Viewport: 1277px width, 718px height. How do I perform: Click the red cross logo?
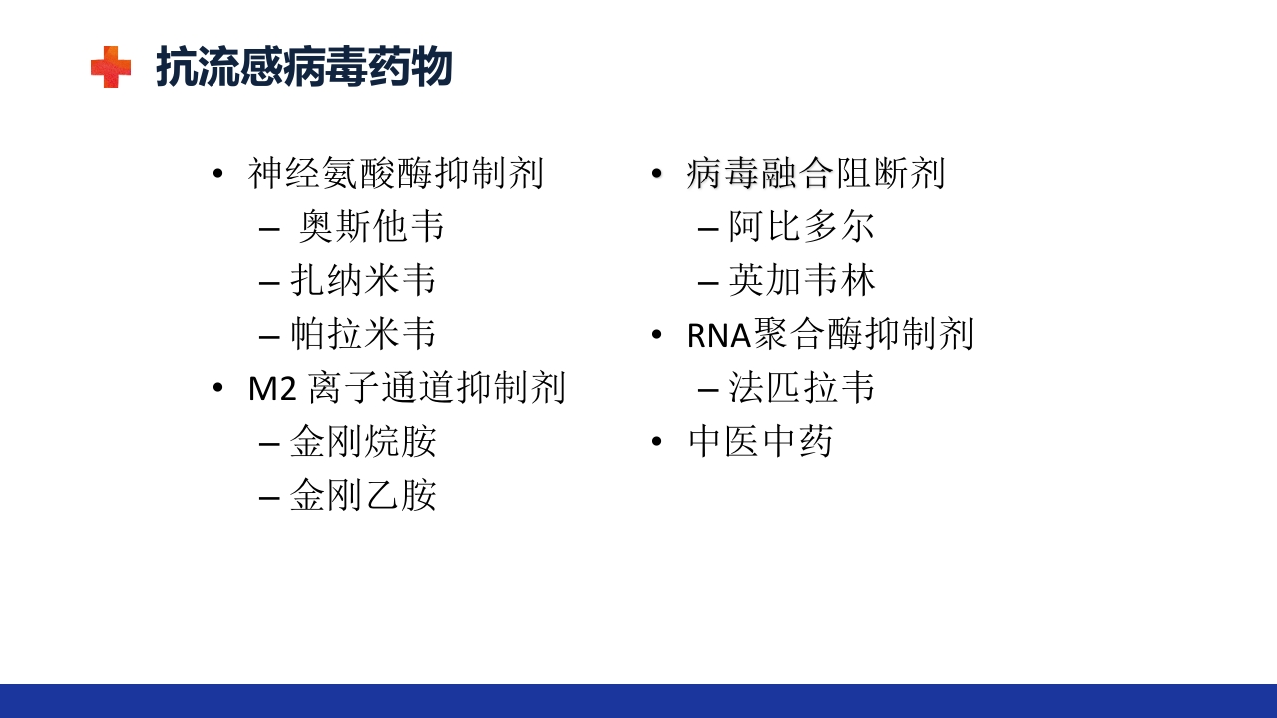(111, 67)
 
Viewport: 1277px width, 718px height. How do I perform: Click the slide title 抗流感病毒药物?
(304, 67)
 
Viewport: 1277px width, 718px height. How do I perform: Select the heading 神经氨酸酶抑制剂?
(396, 174)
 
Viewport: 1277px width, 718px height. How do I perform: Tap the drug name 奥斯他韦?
(372, 227)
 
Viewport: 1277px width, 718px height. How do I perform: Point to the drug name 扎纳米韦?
(363, 280)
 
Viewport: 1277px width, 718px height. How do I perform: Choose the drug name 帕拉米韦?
(363, 334)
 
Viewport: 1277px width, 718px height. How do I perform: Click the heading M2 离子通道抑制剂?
(407, 388)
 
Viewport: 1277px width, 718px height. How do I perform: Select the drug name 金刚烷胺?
(363, 442)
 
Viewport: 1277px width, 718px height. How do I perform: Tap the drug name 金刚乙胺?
(363, 495)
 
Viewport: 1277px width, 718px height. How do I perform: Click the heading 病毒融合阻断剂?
(816, 174)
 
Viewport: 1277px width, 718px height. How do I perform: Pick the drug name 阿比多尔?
(802, 227)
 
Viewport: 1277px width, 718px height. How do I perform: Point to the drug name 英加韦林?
(802, 280)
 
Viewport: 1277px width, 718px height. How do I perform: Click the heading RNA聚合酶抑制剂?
(830, 334)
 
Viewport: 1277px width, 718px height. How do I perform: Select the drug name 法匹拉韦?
(802, 388)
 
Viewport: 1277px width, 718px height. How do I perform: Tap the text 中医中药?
(760, 442)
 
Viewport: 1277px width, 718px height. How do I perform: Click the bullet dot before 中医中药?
(656, 441)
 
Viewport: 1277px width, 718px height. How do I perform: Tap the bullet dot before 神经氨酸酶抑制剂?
(218, 173)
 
